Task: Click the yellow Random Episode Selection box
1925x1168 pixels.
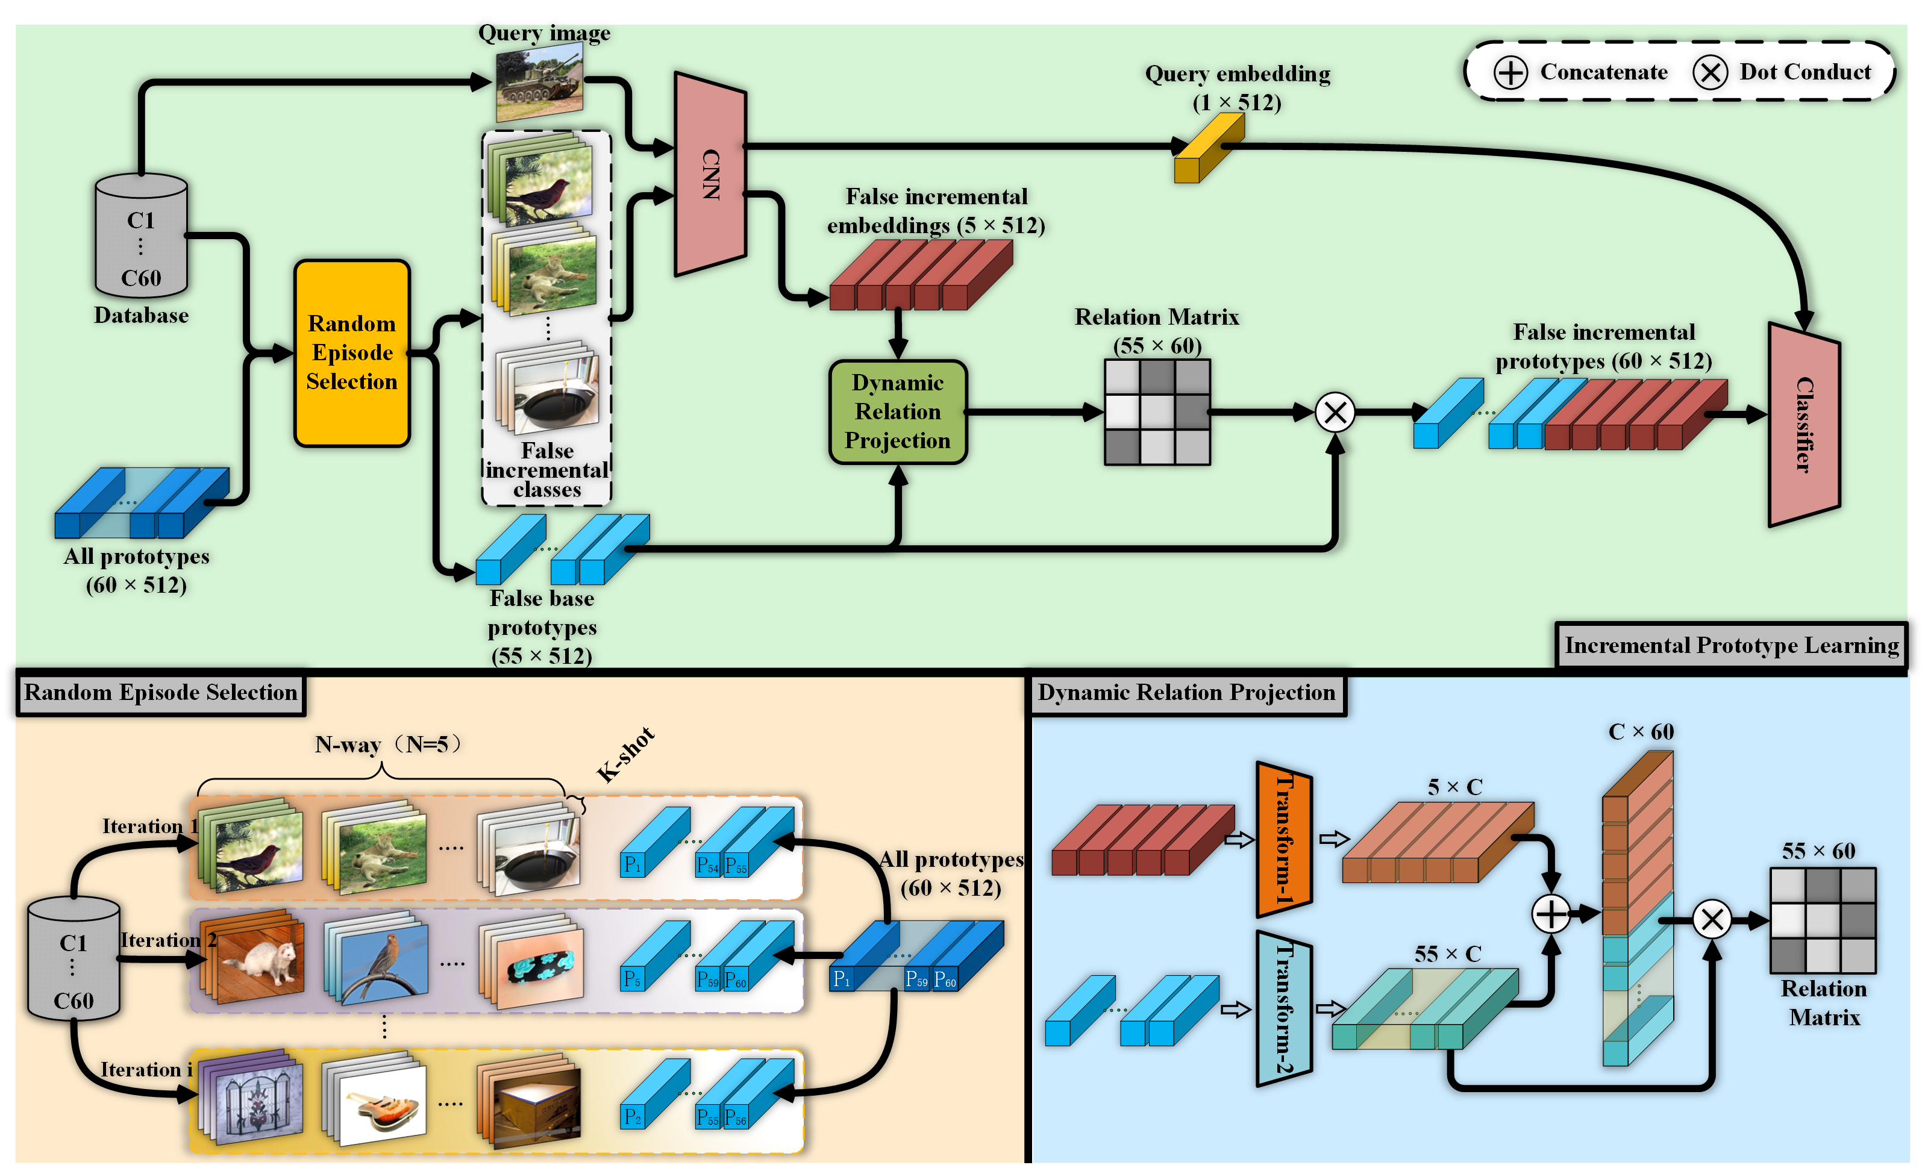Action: point(352,353)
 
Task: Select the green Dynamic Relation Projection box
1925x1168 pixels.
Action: point(898,412)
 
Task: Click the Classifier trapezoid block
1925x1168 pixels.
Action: point(1803,424)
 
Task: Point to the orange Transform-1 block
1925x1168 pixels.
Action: point(1283,839)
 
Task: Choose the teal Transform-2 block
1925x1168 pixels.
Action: point(1283,1008)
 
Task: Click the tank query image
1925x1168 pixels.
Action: point(540,81)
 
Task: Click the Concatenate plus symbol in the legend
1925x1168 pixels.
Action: point(1510,73)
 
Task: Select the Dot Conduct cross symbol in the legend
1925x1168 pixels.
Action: point(1709,73)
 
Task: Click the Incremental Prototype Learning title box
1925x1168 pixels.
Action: point(1730,645)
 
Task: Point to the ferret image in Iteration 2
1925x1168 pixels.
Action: point(258,961)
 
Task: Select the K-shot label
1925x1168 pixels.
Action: point(625,755)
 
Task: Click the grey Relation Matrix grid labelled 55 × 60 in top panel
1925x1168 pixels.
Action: point(1157,412)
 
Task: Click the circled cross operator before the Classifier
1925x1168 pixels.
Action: point(1335,413)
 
